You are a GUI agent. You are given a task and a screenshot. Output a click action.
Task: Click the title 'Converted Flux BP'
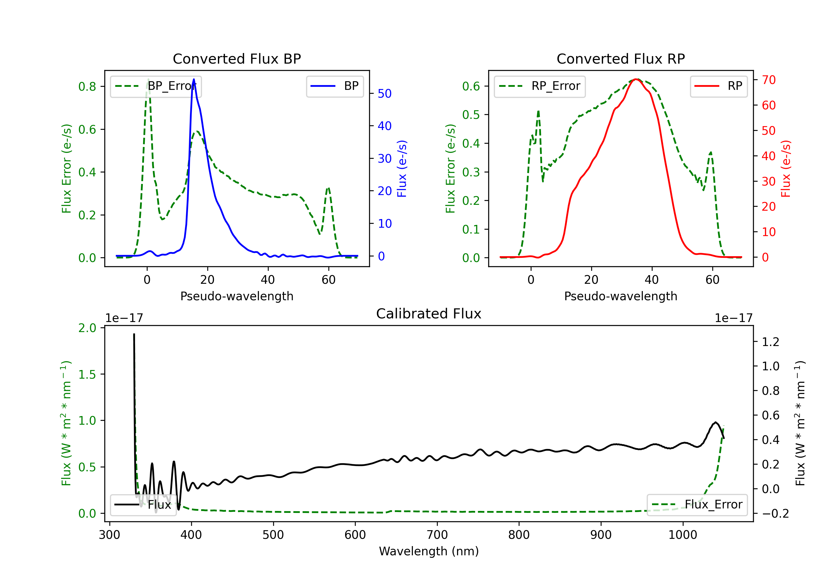click(237, 59)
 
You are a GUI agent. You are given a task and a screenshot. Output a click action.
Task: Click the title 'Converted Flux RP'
click(620, 59)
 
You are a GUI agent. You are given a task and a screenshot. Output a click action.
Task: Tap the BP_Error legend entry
click(156, 86)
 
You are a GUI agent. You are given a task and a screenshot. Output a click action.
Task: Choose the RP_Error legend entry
click(540, 86)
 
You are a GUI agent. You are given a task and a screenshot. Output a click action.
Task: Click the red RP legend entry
click(718, 86)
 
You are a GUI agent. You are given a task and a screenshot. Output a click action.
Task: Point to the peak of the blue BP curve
click(194, 80)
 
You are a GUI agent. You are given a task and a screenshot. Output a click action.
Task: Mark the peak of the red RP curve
click(636, 79)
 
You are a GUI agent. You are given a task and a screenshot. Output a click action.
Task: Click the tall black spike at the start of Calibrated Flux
click(134, 335)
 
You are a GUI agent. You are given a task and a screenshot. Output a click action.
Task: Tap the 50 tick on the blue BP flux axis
click(384, 94)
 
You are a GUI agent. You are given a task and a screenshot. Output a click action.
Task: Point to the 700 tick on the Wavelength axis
click(437, 535)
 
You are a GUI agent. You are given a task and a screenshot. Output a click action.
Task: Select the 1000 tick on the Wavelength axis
click(682, 535)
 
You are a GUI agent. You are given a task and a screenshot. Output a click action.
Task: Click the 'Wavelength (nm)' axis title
click(429, 551)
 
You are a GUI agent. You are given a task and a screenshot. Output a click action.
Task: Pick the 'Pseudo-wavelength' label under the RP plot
click(620, 296)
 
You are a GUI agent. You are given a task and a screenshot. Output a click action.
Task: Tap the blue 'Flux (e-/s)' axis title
click(402, 169)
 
